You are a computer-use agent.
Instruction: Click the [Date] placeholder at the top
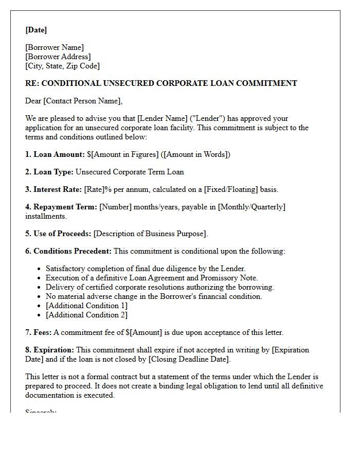tap(36, 30)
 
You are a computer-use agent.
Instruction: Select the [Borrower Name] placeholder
tap(55, 48)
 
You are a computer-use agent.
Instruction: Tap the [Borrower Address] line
tap(58, 57)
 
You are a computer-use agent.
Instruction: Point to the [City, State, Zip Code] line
tap(63, 66)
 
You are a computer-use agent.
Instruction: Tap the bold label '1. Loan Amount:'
tap(55, 154)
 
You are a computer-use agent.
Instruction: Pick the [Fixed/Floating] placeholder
tap(231, 189)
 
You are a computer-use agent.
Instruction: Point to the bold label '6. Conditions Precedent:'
tap(68, 251)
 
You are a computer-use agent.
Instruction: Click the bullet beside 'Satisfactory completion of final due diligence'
tap(40, 269)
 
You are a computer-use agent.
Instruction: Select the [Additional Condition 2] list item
tap(86, 315)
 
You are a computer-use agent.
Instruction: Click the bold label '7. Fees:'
tap(39, 332)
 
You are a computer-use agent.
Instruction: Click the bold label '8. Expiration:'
tap(50, 350)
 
